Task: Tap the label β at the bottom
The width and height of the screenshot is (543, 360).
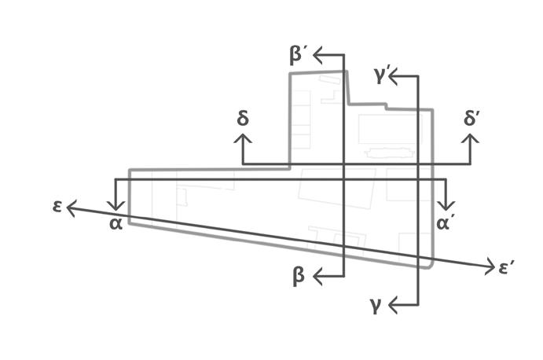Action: [299, 276]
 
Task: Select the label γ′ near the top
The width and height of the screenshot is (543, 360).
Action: [383, 76]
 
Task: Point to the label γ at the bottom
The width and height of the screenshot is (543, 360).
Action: [376, 304]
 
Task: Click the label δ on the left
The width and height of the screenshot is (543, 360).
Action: [243, 119]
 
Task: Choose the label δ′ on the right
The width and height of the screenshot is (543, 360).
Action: [472, 119]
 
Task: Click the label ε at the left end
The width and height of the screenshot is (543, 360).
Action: [57, 208]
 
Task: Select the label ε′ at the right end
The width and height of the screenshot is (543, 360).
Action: [507, 268]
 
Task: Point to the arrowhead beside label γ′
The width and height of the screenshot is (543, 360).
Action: [392, 76]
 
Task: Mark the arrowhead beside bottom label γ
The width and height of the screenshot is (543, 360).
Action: [392, 304]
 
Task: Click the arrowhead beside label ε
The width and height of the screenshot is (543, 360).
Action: [69, 208]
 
